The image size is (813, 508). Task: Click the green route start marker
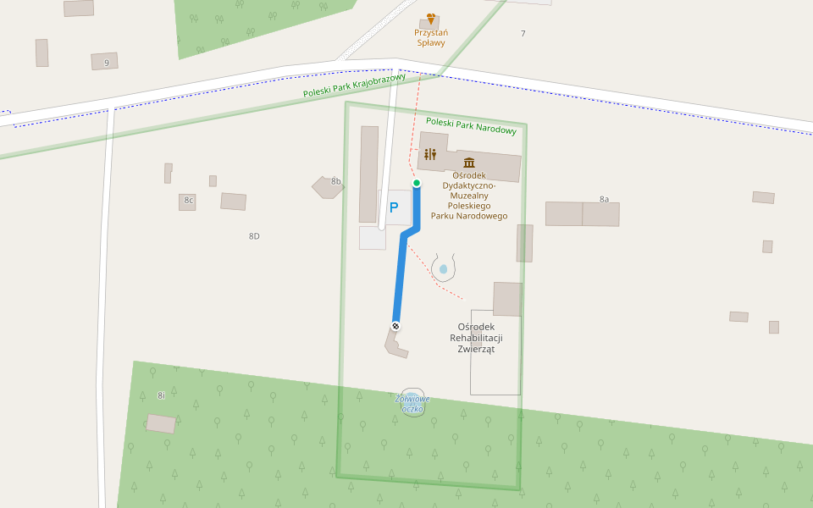[x=417, y=183]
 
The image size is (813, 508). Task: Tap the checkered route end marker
[x=395, y=326]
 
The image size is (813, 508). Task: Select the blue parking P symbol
[x=394, y=207]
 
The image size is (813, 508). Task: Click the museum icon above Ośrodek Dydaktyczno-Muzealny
[x=469, y=163]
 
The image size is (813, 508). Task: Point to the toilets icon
[x=430, y=154]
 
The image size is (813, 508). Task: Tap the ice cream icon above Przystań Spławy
[x=431, y=19]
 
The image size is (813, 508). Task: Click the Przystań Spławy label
[x=431, y=37]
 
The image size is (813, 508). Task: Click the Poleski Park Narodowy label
[x=471, y=125]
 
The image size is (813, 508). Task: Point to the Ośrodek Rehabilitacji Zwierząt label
[x=476, y=337]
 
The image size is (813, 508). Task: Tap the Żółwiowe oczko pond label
[x=412, y=403]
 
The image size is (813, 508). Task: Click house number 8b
[x=336, y=181]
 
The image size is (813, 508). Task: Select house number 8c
[x=188, y=201]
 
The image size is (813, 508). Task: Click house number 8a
[x=605, y=199]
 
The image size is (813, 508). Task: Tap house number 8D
[x=254, y=236]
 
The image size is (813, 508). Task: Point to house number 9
[x=107, y=63]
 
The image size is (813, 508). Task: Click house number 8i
[x=161, y=395]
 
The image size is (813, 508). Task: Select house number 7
[x=523, y=34]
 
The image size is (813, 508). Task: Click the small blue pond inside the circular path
[x=443, y=269]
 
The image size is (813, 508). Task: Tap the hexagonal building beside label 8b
[x=325, y=188]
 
